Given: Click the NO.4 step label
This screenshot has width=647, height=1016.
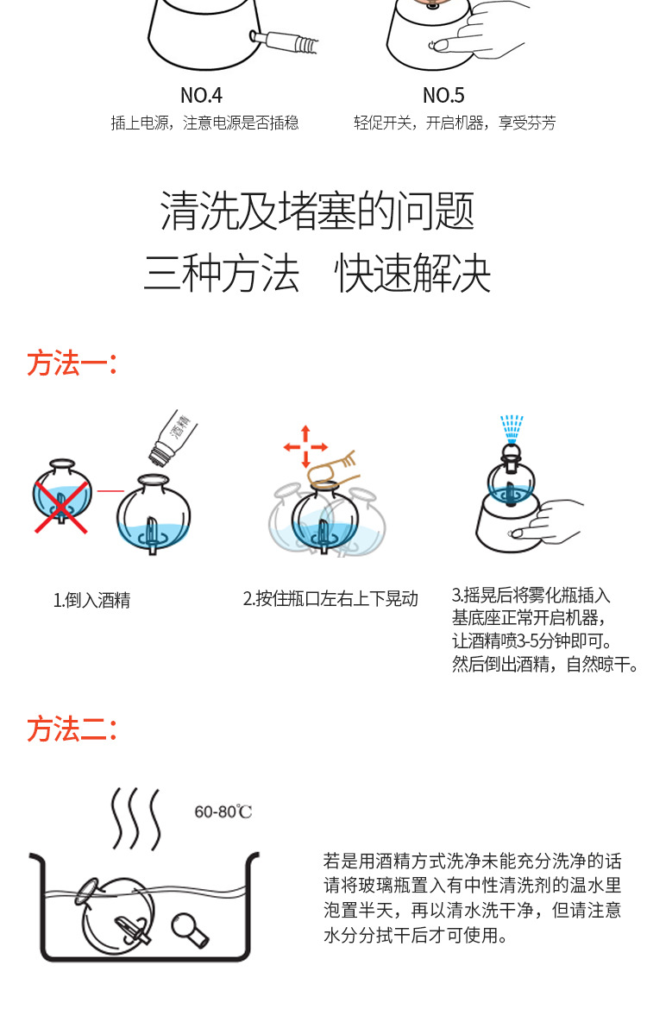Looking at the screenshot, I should click(x=201, y=95).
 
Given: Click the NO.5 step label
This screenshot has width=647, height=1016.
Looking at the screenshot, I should click(x=443, y=95).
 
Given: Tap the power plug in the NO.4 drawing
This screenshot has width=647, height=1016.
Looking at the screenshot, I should click(x=280, y=39).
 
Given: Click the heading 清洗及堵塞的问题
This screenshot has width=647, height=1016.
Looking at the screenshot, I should click(x=317, y=211).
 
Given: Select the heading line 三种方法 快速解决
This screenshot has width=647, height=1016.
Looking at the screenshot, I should click(x=317, y=274).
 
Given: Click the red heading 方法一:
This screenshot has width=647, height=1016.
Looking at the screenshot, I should click(x=72, y=363).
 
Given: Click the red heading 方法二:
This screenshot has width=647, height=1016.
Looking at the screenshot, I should click(x=72, y=729).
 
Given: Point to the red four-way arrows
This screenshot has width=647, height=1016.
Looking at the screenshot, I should click(x=305, y=447).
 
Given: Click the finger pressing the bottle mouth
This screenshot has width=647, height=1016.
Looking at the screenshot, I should click(x=336, y=467).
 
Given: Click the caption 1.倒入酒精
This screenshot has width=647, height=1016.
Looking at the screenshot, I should click(x=91, y=600).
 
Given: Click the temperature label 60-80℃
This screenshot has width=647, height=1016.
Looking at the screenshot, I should click(x=223, y=812).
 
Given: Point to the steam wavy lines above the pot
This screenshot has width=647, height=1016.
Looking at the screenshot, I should click(x=136, y=819).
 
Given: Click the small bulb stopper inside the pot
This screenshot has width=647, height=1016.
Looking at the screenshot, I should click(x=191, y=927).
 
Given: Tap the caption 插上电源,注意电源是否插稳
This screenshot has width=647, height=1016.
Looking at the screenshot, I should click(x=204, y=123).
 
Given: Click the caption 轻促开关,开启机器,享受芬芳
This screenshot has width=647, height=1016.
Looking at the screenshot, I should click(x=455, y=123).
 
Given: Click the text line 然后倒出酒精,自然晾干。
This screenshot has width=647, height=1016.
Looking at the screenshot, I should click(x=545, y=664).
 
